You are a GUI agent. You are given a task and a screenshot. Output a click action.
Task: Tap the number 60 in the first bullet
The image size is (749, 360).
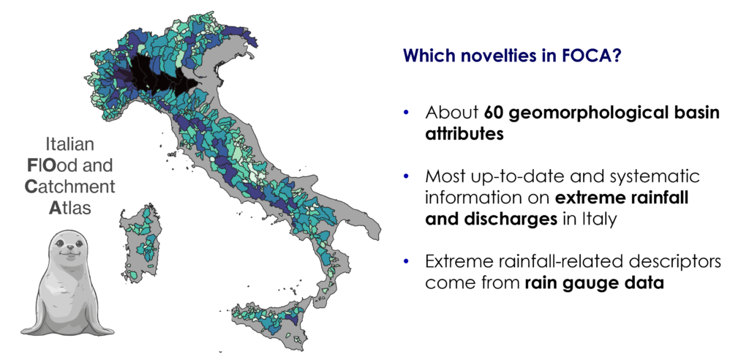point(494,113)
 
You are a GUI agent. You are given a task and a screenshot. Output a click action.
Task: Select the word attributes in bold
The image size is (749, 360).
point(464,133)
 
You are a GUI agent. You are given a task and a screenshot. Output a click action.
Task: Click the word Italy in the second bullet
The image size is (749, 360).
point(599,219)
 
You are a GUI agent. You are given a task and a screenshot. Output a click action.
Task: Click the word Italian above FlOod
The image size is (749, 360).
point(69,144)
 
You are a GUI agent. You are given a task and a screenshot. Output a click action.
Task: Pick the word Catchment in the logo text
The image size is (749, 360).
point(69,187)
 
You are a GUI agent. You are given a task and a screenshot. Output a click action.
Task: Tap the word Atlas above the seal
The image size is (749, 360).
point(69,208)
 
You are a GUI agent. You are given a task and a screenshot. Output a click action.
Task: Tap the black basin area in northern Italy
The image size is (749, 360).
point(159,77)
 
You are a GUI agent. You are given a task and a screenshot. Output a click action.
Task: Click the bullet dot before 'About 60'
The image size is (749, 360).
point(407,113)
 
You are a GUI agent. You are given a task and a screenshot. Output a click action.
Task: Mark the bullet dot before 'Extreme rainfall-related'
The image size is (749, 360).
point(407,261)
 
